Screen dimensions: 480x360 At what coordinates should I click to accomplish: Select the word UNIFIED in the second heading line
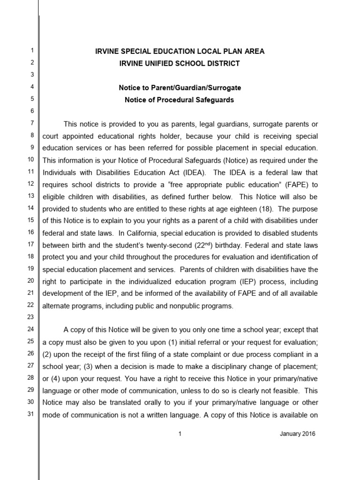pos(155,63)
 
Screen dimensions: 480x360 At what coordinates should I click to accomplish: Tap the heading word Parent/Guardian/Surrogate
pos(198,88)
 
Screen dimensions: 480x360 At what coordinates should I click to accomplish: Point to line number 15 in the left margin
pos(31,220)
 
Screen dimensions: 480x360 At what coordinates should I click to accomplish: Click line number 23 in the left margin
pos(31,316)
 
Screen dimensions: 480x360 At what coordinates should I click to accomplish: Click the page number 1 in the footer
pos(180,434)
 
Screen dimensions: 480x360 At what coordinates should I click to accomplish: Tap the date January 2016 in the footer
pos(298,434)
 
